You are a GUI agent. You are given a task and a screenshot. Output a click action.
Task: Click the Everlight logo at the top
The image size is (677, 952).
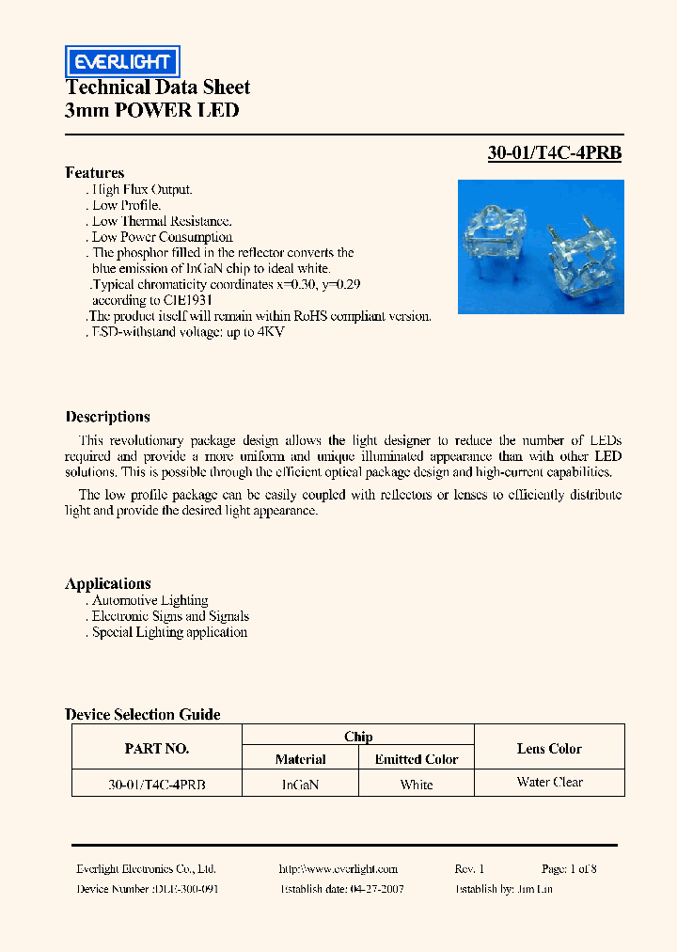[x=122, y=62]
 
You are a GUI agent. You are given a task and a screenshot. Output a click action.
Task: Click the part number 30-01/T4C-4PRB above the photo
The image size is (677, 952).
[x=554, y=153]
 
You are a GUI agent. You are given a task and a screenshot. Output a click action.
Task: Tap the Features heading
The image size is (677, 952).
[x=95, y=172]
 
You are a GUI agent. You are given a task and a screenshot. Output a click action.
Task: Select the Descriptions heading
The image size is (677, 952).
[x=107, y=417]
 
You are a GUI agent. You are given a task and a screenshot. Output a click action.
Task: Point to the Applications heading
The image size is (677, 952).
[x=108, y=583]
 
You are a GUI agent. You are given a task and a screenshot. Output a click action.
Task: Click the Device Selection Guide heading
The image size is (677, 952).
[x=143, y=714]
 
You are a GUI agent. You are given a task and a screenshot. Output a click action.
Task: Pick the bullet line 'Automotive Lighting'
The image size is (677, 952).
[x=150, y=600]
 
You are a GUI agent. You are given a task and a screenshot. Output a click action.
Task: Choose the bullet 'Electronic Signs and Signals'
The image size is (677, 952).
[x=170, y=616]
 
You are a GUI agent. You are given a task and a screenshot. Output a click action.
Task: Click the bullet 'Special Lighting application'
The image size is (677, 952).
[x=169, y=632]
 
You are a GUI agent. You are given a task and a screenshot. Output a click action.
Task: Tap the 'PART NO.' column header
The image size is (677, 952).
[x=157, y=749]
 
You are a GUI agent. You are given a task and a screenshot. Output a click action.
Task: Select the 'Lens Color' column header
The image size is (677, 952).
[x=549, y=749]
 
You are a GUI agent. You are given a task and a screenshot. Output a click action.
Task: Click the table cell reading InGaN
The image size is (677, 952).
[x=300, y=785]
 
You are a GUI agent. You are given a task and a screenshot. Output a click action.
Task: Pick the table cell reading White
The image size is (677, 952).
[x=417, y=785]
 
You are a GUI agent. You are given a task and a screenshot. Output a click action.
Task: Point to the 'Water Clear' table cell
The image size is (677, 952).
[x=549, y=782]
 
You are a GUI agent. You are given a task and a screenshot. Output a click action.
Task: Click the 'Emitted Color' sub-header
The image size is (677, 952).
[x=417, y=759]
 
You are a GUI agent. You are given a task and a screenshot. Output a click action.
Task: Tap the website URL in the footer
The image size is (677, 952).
[x=338, y=869]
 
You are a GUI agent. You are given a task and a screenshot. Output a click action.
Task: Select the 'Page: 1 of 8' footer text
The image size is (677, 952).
[x=569, y=869]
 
